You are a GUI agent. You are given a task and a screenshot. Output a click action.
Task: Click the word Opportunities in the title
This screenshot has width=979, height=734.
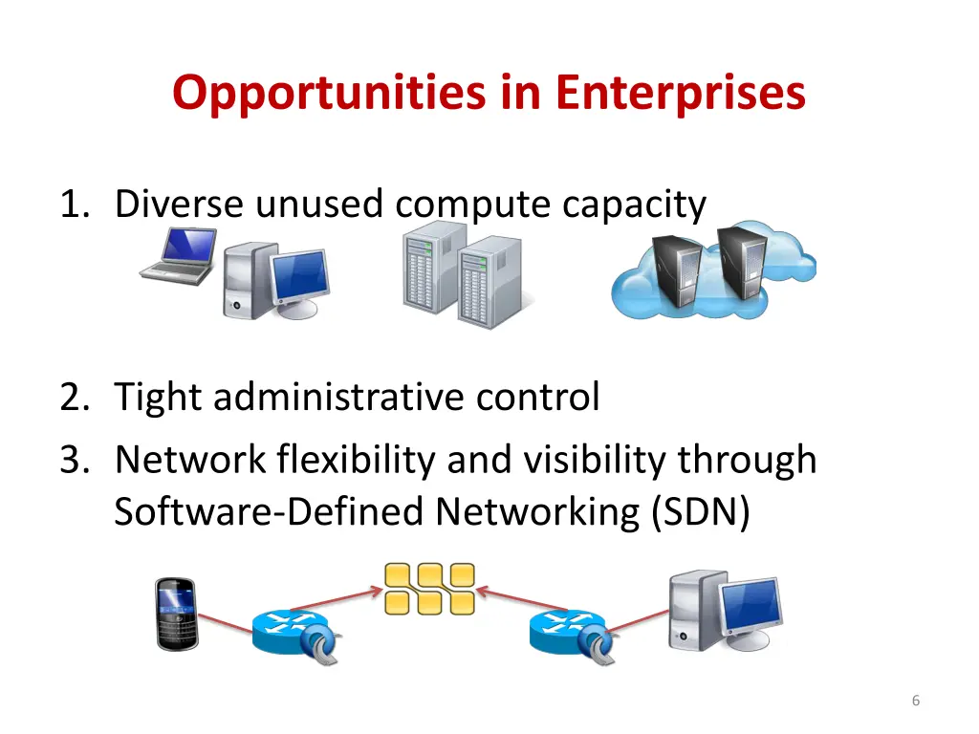(x=330, y=94)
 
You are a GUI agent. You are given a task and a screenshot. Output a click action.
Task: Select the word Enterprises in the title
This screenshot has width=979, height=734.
(x=681, y=94)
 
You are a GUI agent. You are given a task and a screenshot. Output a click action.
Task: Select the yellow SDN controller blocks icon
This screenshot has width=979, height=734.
(x=429, y=588)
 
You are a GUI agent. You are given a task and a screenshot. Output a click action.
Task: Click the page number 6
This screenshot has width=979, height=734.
(x=916, y=701)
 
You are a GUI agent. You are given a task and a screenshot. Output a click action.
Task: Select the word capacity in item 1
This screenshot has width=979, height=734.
(x=635, y=205)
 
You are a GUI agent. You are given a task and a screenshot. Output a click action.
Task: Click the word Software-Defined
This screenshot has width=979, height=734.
(x=271, y=512)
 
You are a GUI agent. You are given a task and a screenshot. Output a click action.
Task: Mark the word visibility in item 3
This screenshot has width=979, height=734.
(x=596, y=460)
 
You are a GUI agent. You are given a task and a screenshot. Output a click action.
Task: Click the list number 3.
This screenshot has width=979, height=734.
(x=73, y=460)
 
